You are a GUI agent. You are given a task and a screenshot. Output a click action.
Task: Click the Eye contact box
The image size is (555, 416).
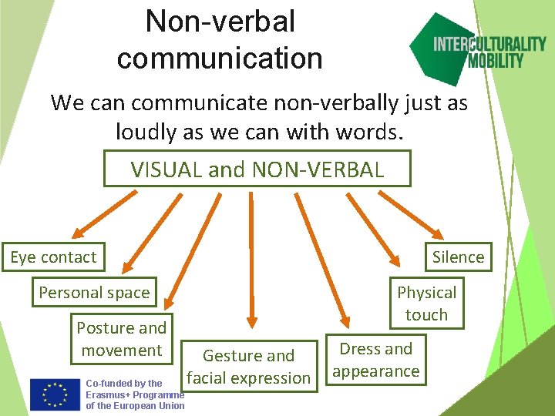pos(53,257)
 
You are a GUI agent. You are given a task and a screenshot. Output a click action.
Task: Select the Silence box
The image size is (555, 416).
pos(458,257)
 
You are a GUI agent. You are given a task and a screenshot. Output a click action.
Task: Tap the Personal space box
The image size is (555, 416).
pos(94,293)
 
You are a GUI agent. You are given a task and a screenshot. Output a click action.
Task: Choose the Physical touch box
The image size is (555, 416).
pos(426,303)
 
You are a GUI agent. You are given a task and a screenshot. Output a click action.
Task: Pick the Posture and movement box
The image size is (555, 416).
pos(122,339)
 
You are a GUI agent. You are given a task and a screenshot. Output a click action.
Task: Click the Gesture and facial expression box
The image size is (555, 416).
pos(248,367)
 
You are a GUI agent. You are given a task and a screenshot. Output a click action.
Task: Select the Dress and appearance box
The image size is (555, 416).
pos(376,360)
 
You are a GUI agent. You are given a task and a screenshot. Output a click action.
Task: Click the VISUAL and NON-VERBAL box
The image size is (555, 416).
pos(257,169)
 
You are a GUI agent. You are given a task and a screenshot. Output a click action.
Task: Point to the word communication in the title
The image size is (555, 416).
pos(220,58)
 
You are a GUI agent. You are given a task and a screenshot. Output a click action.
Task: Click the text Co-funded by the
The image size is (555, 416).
pos(124,383)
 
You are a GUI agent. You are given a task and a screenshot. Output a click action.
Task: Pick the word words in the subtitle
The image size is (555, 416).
pos(375,133)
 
